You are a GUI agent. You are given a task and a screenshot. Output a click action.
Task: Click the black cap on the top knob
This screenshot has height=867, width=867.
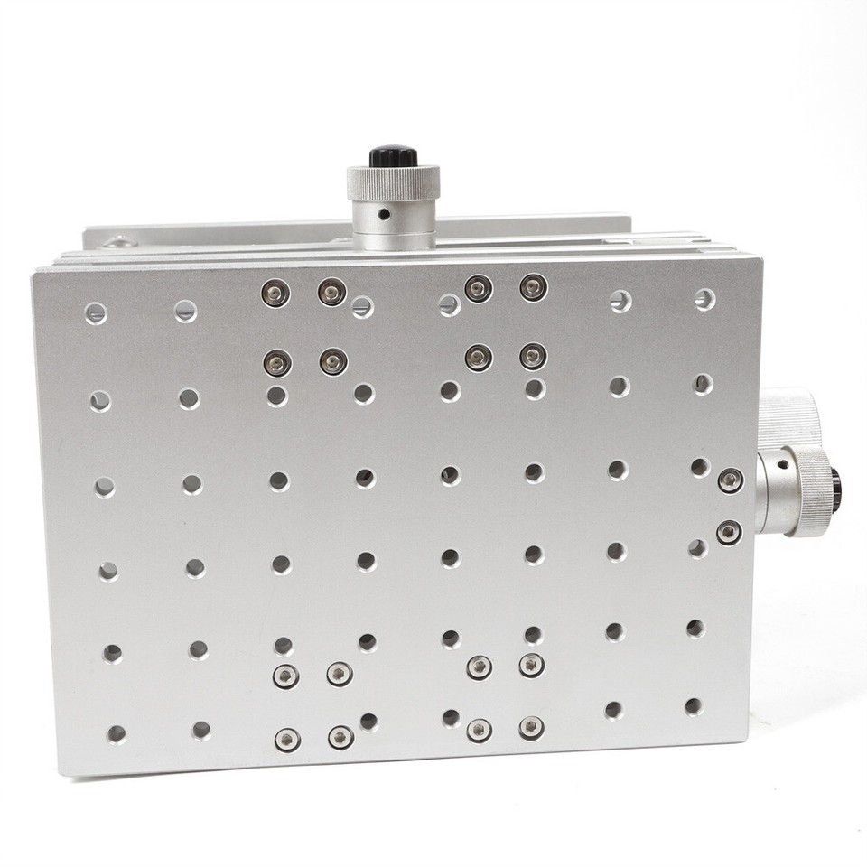coord(393,155)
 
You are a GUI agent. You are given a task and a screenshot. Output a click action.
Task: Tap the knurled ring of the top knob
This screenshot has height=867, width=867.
coord(393,182)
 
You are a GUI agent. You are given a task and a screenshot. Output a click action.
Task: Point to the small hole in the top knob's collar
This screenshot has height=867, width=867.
coord(384,215)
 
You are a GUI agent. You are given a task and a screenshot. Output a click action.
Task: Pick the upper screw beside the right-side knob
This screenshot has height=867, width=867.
coord(730,480)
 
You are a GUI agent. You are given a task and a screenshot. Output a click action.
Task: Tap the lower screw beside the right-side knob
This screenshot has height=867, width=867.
coord(729,533)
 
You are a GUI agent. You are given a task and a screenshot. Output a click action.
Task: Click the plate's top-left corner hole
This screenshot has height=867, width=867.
coord(96,313)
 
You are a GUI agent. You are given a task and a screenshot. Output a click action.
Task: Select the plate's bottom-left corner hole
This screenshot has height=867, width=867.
coord(117,733)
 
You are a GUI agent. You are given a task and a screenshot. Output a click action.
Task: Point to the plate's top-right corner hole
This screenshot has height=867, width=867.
coord(704,299)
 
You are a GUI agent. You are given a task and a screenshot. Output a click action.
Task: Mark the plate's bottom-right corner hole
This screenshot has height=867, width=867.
coord(693,706)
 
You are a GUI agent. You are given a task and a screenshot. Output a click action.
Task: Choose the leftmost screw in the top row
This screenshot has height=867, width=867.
coord(275,293)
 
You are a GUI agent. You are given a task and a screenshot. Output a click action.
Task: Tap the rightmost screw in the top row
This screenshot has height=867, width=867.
coord(533,287)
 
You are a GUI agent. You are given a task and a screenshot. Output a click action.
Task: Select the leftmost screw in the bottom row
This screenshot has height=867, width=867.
coord(287,739)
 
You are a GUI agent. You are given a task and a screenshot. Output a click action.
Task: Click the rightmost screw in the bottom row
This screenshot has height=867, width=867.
coord(531,728)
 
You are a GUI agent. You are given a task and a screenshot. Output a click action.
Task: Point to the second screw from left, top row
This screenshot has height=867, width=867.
coord(331,291)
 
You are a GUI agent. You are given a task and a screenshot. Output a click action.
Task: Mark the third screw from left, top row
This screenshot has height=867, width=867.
coord(478,288)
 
